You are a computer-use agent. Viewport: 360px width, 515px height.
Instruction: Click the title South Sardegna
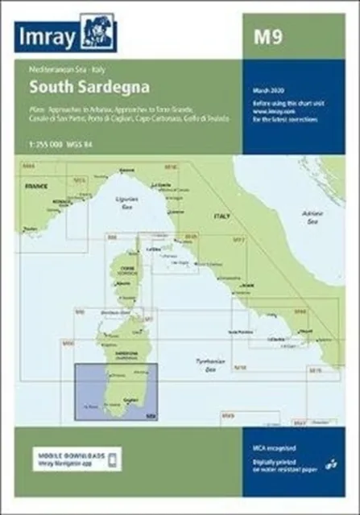90,84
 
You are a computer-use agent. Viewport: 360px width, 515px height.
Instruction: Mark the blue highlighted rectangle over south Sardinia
114,393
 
